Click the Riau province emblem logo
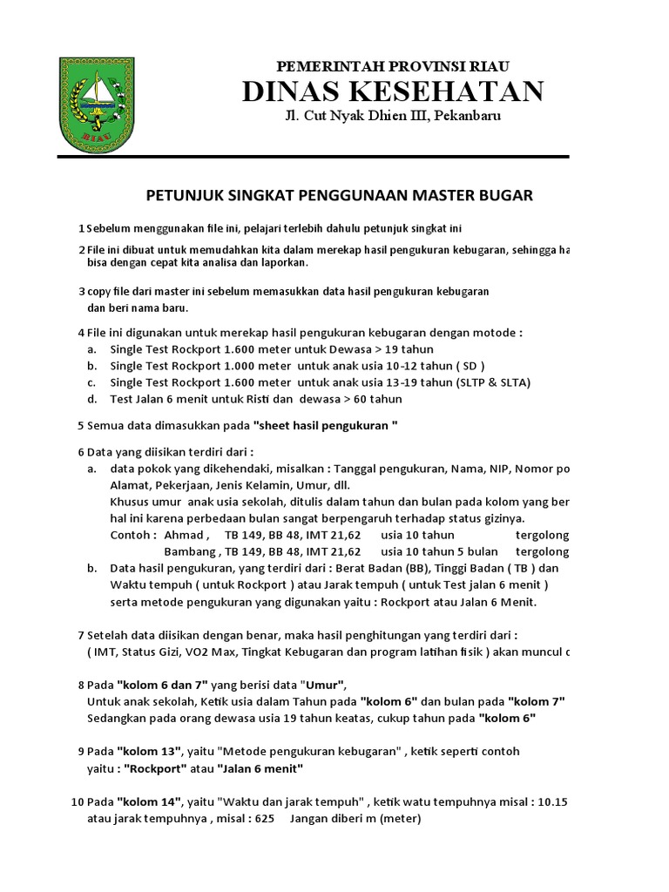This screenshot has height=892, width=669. pyautogui.click(x=98, y=102)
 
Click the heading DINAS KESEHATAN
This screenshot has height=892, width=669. pyautogui.click(x=393, y=91)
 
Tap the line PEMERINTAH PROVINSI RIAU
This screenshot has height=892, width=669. pyautogui.click(x=393, y=66)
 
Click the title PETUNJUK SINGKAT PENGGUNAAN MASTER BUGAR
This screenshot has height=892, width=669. pyautogui.click(x=337, y=195)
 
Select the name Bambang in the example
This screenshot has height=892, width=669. pyautogui.click(x=190, y=551)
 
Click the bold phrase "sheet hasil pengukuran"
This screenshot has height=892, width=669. pyautogui.click(x=325, y=426)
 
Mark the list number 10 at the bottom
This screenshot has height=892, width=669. pyautogui.click(x=78, y=801)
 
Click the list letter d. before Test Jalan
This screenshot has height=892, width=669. pyautogui.click(x=91, y=399)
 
